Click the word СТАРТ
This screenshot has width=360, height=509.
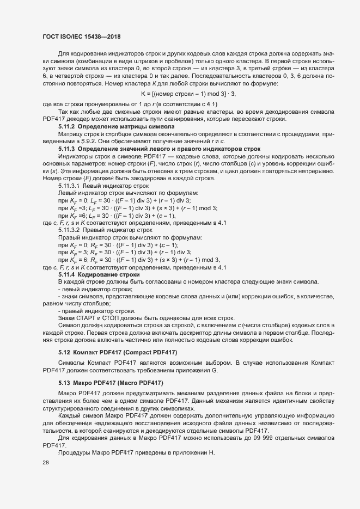[83, 317]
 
